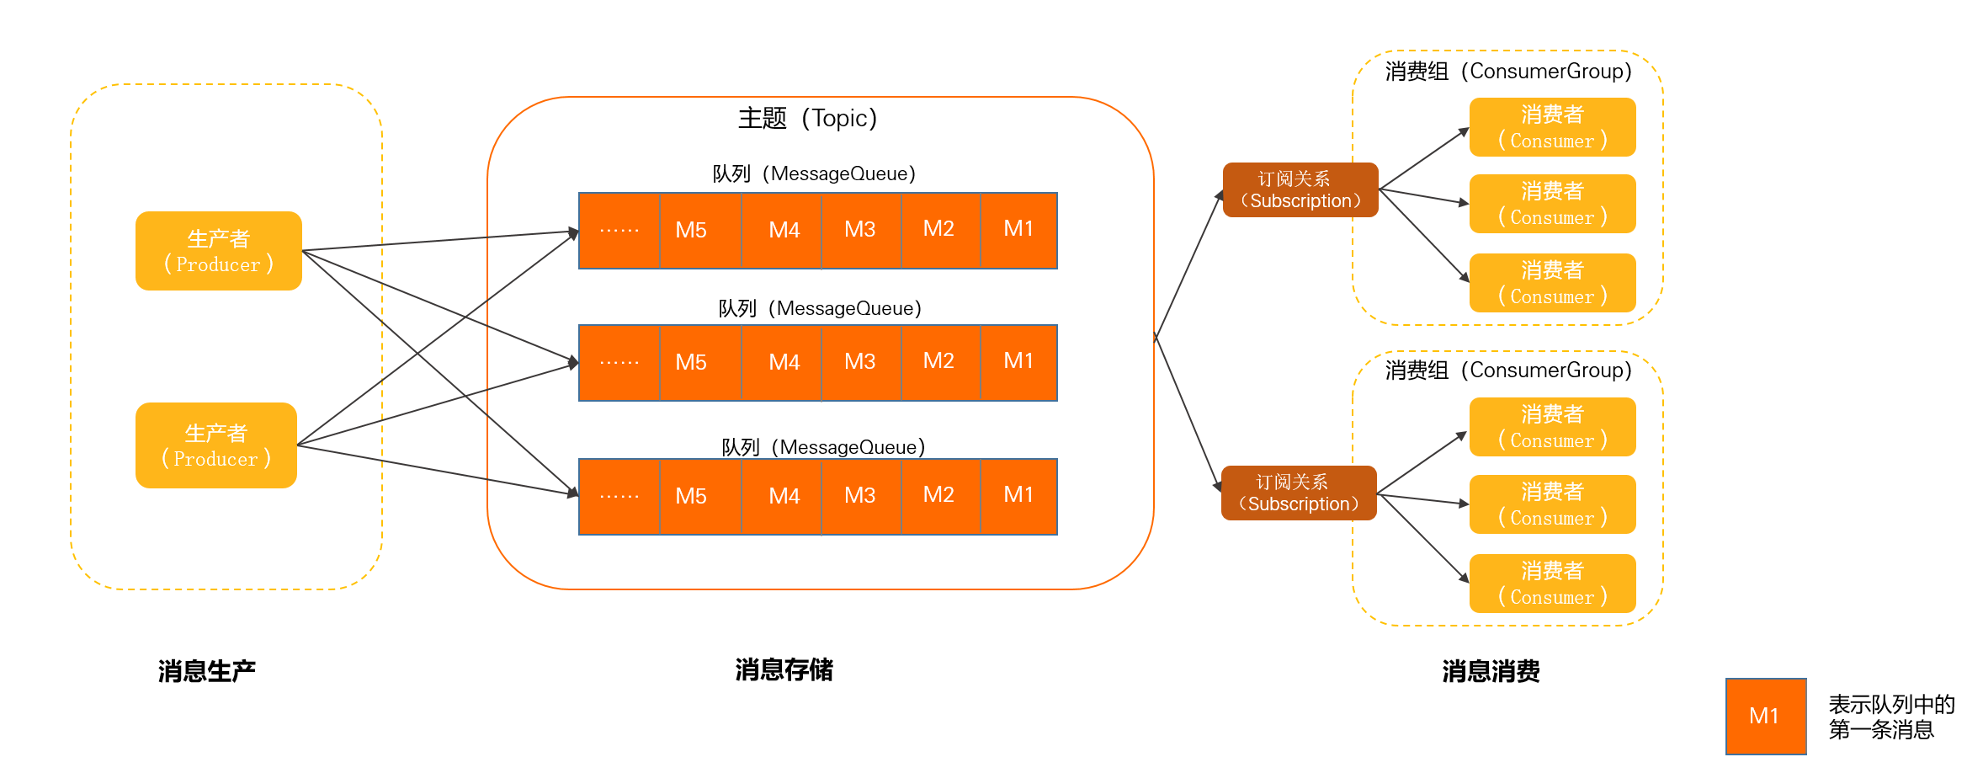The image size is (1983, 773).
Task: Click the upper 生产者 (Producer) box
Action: point(218,251)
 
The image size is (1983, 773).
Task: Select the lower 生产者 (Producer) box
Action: point(216,445)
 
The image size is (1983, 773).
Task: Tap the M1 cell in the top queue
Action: point(1018,229)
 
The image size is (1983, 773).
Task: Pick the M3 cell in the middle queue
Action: point(859,362)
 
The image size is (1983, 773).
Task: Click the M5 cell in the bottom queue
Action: point(691,496)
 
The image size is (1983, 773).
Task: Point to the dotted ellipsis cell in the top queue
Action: point(619,230)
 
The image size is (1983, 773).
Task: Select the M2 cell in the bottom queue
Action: point(938,495)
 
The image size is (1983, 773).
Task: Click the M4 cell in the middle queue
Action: point(784,362)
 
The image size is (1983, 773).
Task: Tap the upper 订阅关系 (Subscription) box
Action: point(1300,190)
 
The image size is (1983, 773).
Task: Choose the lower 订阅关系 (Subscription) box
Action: point(1298,493)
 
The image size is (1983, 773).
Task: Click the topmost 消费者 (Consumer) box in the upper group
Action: point(1552,127)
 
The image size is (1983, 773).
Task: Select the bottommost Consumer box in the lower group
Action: point(1552,584)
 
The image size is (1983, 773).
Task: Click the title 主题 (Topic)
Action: point(807,118)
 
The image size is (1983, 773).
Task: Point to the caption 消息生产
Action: point(206,671)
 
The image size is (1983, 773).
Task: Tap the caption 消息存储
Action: point(784,670)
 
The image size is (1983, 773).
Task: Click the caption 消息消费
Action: point(1491,671)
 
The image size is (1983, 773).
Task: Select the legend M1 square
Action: point(1765,717)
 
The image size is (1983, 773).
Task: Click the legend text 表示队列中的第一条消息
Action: point(1890,717)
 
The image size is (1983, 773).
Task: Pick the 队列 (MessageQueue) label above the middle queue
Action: point(819,308)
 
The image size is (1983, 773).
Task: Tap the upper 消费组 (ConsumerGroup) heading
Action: point(1507,72)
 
